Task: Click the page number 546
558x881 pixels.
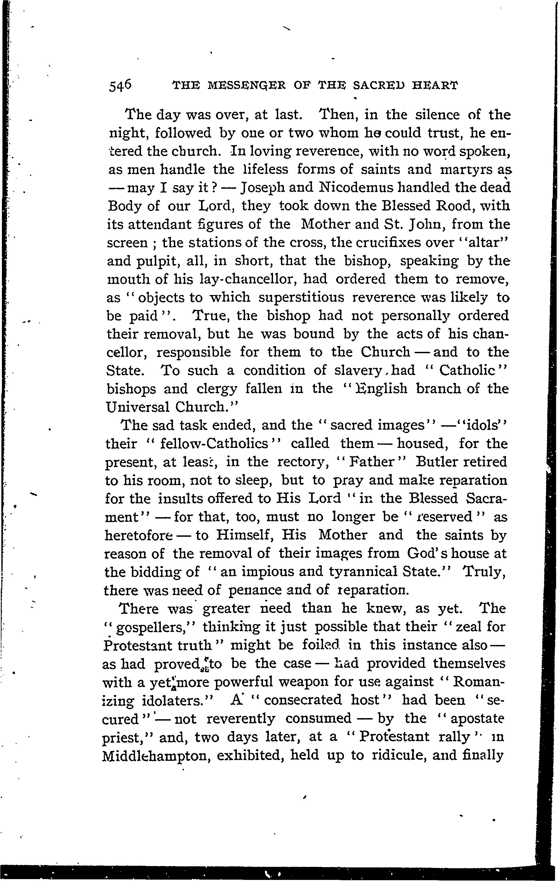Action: pyautogui.click(x=120, y=86)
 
